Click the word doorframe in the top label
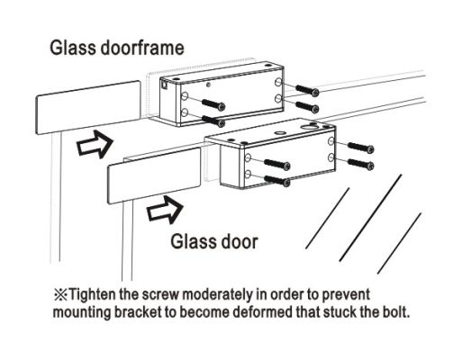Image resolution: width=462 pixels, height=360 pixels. pos(142,48)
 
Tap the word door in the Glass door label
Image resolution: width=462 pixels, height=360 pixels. pos(235,242)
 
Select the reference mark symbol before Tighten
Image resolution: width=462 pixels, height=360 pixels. pos(60,295)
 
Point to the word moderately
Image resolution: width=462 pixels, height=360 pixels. pos(218,295)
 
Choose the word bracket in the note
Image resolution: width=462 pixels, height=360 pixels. pos(138,312)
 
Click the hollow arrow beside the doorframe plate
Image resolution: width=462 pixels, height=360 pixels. pos(95,144)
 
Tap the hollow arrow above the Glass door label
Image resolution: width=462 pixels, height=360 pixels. pos(165,210)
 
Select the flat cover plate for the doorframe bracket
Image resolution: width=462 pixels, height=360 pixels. pos(88,107)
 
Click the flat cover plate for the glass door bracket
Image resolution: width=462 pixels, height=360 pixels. pos(154,175)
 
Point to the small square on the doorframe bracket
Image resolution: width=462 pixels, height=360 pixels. pos(165,85)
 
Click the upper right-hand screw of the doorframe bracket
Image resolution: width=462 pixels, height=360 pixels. pos(307,90)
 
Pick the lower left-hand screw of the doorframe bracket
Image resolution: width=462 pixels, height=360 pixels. pos(213,121)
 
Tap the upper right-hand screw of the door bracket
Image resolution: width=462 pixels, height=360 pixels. pos(361,147)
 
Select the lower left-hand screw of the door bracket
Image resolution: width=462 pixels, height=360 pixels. pos(277,180)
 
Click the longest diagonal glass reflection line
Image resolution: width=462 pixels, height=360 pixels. pos(370,218)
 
